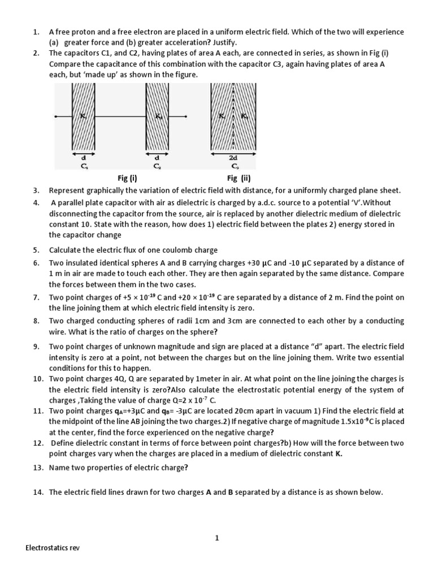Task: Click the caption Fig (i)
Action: (x=127, y=179)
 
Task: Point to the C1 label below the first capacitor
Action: (x=84, y=167)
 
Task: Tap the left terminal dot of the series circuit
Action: (x=55, y=117)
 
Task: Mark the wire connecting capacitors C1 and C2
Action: (x=120, y=117)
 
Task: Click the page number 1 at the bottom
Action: (x=216, y=538)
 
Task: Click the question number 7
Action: (x=36, y=297)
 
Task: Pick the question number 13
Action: (x=37, y=468)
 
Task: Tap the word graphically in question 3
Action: (x=102, y=191)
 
